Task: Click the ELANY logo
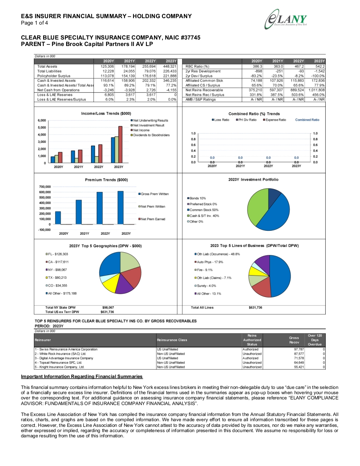pos(286,19)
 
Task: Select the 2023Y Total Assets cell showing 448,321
pos(170,67)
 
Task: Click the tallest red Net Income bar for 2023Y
pos(120,144)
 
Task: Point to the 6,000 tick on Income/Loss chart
pos(42,120)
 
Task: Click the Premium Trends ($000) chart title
pos(106,180)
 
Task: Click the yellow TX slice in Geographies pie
pos(110,284)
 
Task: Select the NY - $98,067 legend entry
pos(56,270)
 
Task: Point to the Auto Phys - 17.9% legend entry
pos(208,262)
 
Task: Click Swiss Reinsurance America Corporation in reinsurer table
pos(66,349)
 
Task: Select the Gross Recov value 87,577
pos(299,354)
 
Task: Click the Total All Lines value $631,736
pos(256,307)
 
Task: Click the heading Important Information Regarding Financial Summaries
pos(82,376)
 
